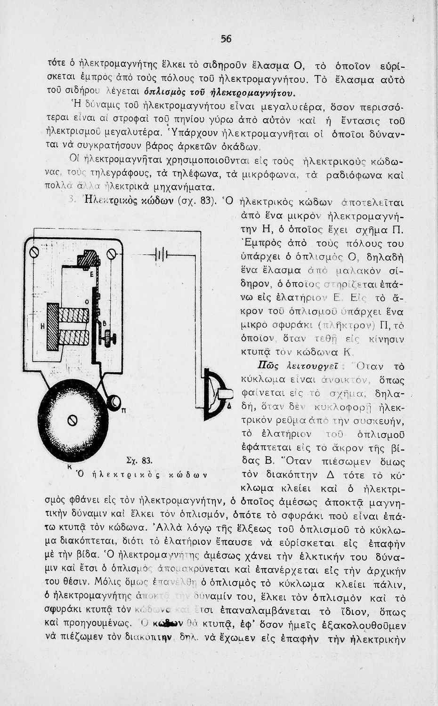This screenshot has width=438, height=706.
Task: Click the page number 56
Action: click(226, 40)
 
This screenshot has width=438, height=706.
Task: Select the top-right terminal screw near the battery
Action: click(112, 254)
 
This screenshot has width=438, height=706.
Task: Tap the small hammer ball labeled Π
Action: click(114, 402)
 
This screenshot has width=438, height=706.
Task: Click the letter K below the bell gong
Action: click(69, 465)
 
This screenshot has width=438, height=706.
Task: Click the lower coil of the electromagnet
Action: click(73, 337)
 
